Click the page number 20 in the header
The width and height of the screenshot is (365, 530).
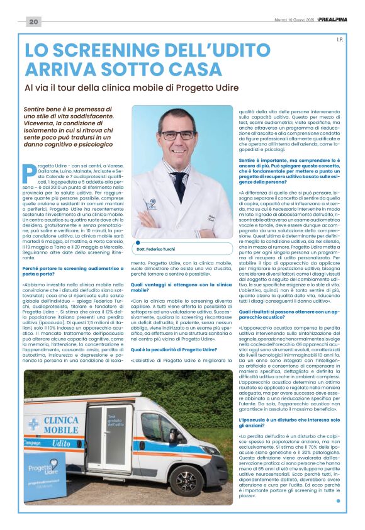click(33, 21)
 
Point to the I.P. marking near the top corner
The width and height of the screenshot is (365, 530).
click(340, 40)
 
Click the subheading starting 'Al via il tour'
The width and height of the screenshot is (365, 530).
click(138, 88)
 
